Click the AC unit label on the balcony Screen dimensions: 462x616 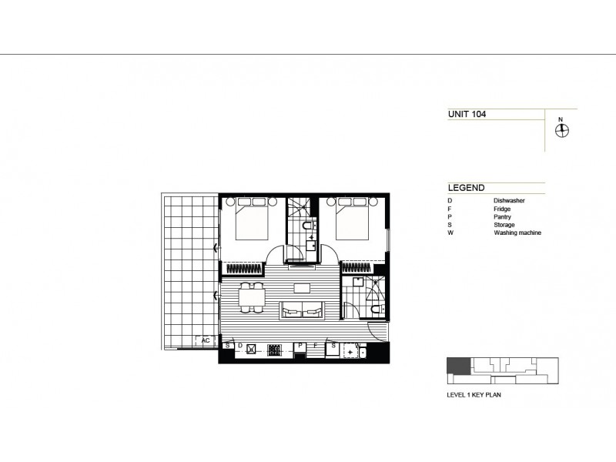pos(206,340)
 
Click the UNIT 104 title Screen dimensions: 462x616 pos(467,114)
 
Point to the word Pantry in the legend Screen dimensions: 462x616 pos(505,216)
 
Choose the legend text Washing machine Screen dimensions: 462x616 pos(518,232)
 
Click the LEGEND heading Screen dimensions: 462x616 pos(466,188)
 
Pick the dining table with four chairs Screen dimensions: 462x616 pos(249,298)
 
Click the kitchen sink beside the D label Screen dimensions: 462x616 pos(251,348)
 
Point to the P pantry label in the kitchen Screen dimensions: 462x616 pos(300,346)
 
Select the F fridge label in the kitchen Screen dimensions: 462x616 pos(316,346)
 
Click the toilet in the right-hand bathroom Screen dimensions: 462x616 pos(376,309)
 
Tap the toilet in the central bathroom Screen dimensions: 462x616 pos(307,226)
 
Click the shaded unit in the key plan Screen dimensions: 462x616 pos(457,367)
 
